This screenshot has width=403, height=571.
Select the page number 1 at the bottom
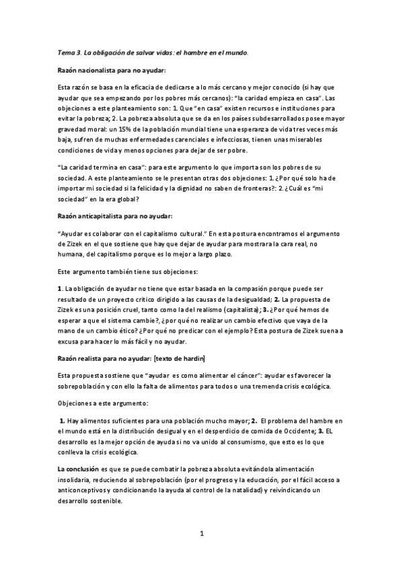(201, 535)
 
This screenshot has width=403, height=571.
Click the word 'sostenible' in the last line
(103, 502)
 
